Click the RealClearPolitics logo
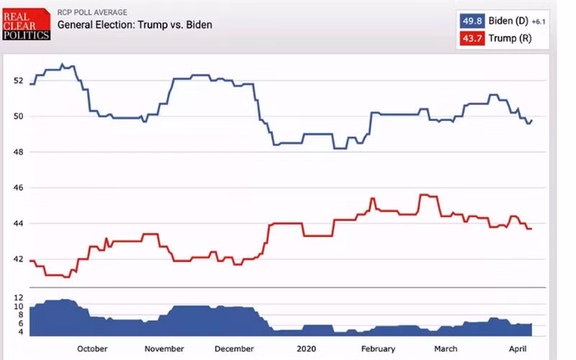(x=27, y=24)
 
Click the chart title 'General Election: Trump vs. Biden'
(x=135, y=24)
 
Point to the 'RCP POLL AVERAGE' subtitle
(x=92, y=12)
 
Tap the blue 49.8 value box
(x=472, y=21)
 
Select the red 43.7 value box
(x=472, y=38)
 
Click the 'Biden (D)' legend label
(x=508, y=21)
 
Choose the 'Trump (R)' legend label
(x=510, y=38)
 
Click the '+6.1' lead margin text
(x=539, y=22)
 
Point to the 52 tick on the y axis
(x=19, y=81)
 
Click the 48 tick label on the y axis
(x=19, y=152)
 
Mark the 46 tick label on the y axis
(x=19, y=188)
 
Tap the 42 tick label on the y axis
(x=19, y=259)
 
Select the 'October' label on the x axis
(x=92, y=348)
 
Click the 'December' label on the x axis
(x=234, y=348)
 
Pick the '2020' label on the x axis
(x=306, y=348)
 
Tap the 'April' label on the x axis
(x=518, y=348)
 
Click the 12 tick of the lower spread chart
(x=19, y=297)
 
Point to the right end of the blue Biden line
(x=531, y=120)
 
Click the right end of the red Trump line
(x=531, y=229)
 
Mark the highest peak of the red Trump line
(x=424, y=194)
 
